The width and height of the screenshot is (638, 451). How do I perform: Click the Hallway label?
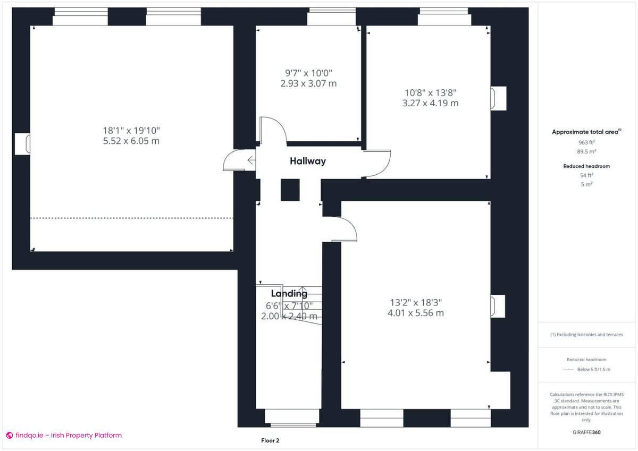pos(307,161)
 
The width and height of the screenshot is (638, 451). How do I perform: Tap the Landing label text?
pos(289,294)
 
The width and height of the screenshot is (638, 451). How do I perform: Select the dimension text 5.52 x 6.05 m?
pos(131,141)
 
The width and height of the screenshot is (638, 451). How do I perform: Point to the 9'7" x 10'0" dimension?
pos(308,73)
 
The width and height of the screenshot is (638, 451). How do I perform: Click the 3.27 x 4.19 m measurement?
pos(430,103)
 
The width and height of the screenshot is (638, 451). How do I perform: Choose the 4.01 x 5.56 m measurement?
pos(416,313)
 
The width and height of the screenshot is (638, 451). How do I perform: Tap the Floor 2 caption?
pos(270,440)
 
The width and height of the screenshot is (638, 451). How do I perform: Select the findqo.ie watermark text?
pos(64,435)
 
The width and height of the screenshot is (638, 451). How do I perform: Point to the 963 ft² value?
pos(586,142)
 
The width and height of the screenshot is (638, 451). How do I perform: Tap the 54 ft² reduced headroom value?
pos(586,175)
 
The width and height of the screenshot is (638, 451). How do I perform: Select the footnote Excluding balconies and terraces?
pos(586,335)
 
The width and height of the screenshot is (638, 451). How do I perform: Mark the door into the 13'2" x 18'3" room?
pos(345,229)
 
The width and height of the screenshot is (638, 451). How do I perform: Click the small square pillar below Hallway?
pos(290,190)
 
